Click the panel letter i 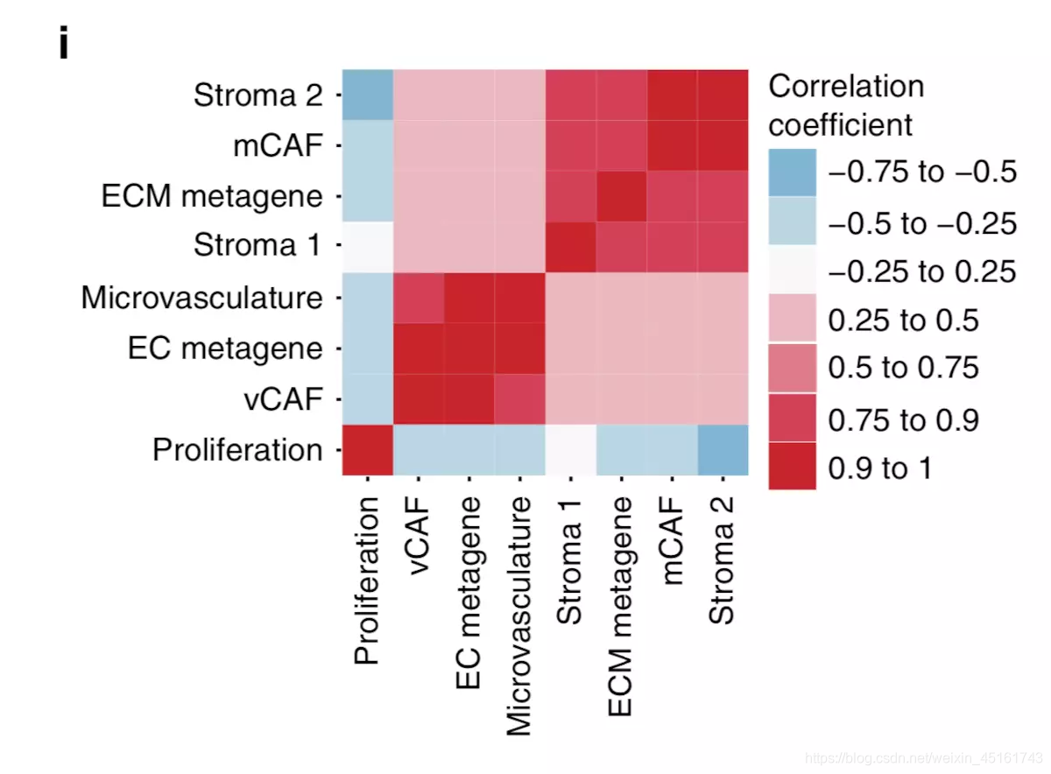[63, 45]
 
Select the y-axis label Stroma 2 [257, 95]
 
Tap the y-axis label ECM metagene [211, 196]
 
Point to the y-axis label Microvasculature [201, 298]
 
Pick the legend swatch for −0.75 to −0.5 [793, 172]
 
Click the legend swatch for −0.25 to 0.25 [793, 271]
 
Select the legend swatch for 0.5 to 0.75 [793, 368]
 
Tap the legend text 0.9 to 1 [880, 468]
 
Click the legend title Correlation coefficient [845, 105]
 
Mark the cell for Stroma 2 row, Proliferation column [368, 95]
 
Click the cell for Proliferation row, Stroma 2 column [723, 450]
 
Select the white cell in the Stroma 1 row [368, 247]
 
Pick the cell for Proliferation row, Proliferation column [368, 450]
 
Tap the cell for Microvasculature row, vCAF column [419, 298]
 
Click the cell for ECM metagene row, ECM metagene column [621, 196]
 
